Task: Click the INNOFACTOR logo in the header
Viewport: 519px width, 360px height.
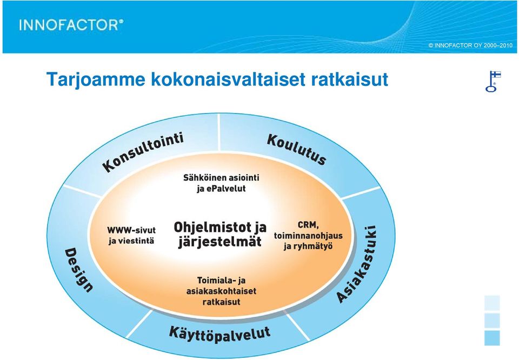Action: [x=71, y=25]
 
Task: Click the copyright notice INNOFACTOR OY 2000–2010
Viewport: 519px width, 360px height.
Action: [x=470, y=45]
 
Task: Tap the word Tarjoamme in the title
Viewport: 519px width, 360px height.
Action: [x=96, y=80]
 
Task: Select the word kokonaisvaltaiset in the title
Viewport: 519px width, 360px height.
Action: [x=228, y=79]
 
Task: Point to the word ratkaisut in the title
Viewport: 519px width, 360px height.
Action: [x=349, y=79]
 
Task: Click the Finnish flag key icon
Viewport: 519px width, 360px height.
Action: [x=493, y=81]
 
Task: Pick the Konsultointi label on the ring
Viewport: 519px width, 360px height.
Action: [x=143, y=152]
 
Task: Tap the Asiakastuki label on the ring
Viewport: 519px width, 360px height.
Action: [x=356, y=264]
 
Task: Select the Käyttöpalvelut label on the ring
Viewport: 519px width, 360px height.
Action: [x=220, y=334]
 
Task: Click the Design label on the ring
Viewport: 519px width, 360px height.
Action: [x=78, y=270]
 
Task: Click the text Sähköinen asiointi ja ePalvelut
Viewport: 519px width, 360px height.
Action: [x=221, y=183]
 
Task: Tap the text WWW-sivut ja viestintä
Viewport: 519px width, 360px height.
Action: [x=131, y=235]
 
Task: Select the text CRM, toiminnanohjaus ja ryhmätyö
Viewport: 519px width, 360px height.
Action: [x=308, y=235]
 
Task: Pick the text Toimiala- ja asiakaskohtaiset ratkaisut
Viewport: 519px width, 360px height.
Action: [x=221, y=291]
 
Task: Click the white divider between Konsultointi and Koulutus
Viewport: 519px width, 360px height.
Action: [x=219, y=132]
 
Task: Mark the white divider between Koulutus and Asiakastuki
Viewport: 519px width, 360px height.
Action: [x=361, y=192]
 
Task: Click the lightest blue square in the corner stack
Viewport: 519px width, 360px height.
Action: [x=492, y=303]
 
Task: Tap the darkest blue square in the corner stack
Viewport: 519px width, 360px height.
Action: [x=492, y=338]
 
